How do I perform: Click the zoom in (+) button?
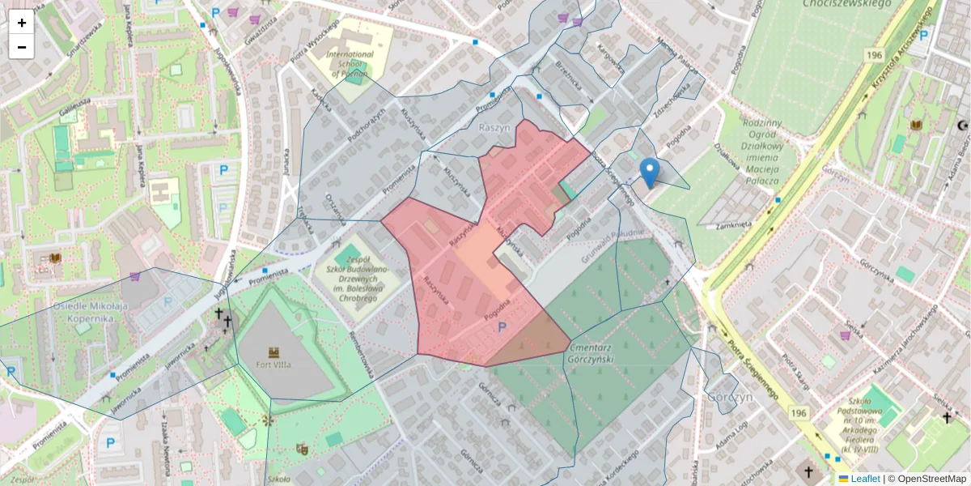pyautogui.click(x=21, y=23)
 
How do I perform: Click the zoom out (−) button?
pyautogui.click(x=21, y=47)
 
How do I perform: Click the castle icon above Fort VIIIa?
pyautogui.click(x=273, y=352)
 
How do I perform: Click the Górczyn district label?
pyautogui.click(x=730, y=397)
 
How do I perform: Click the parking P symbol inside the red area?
pyautogui.click(x=502, y=327)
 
